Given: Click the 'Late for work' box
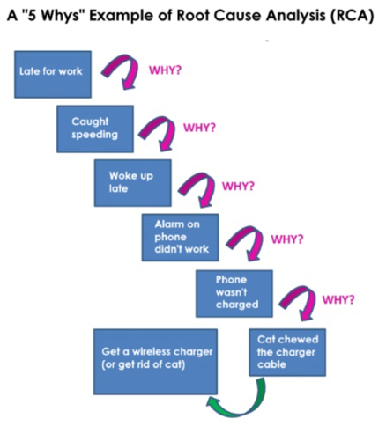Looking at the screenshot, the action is [53, 75].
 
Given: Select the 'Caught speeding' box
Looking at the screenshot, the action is [95, 129].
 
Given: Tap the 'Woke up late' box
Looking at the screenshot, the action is [133, 183].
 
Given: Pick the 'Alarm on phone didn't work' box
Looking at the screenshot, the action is [180, 238].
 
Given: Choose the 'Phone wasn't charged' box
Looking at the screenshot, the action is [234, 293].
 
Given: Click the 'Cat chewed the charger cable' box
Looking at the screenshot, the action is [287, 352].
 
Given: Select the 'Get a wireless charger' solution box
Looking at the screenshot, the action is [156, 362].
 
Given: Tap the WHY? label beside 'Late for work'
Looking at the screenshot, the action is [165, 70].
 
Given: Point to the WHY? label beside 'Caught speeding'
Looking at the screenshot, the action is [199, 128].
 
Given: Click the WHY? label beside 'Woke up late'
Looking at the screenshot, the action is [238, 186].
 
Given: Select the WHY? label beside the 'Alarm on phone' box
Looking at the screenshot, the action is [286, 239].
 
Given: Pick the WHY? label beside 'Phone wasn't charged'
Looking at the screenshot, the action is [338, 299].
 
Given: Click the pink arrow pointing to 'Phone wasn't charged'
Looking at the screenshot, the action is [254, 232].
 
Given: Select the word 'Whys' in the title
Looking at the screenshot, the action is [61, 16].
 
